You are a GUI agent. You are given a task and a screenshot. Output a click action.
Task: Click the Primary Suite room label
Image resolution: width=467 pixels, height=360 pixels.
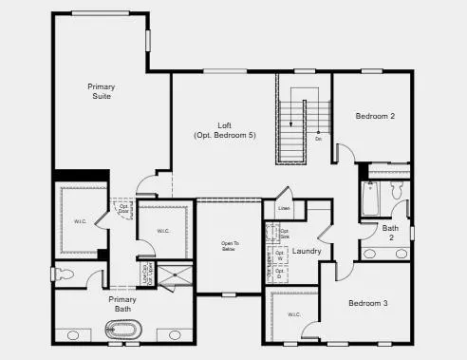tap(101, 91)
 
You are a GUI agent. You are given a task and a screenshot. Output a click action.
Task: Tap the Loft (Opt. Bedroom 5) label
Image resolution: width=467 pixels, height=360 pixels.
tap(224, 130)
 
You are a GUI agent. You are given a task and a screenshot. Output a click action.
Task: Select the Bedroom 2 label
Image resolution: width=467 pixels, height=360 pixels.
tap(375, 117)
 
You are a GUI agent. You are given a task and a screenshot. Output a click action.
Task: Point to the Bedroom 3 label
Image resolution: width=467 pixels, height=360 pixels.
tap(369, 303)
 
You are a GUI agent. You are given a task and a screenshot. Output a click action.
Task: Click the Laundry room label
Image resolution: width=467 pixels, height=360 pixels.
tap(307, 252)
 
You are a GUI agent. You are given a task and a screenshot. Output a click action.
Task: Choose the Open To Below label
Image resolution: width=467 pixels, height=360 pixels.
tap(229, 247)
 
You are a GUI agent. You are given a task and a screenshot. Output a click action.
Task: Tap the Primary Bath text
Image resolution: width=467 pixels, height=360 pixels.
tap(122, 304)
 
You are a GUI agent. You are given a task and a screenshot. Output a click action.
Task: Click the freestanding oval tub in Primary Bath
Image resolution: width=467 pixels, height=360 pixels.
tap(121, 332)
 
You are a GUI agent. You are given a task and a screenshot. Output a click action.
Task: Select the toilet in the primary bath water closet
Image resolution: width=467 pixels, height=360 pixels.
tap(65, 275)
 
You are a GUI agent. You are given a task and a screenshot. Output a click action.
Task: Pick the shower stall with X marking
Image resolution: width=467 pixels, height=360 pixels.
tap(174, 275)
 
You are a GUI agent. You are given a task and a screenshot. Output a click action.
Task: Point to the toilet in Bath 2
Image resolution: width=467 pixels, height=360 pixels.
tap(399, 193)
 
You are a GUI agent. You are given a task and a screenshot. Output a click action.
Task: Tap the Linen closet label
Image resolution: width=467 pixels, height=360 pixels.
tap(284, 207)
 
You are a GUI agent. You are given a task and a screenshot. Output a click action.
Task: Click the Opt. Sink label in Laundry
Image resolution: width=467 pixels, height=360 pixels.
tap(283, 233)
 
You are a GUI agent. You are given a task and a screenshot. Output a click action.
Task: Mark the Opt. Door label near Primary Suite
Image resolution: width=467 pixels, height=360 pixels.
tap(123, 208)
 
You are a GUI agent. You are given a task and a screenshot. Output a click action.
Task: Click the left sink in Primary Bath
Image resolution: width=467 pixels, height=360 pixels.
tap(73, 334)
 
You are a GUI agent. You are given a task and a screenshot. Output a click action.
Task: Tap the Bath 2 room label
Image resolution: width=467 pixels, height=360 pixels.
tap(390, 232)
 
